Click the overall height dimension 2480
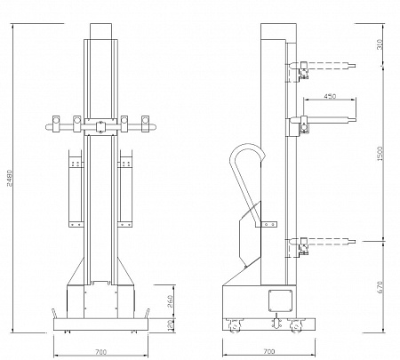pos(10,178)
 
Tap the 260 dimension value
pos(170,301)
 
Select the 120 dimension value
pos(170,325)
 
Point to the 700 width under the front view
pos(100,352)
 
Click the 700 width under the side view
pos(269,351)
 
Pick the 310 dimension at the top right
pos(380,44)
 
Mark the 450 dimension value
pos(330,96)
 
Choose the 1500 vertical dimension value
pos(380,154)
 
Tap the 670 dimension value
pos(380,287)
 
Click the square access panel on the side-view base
pos(280,300)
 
